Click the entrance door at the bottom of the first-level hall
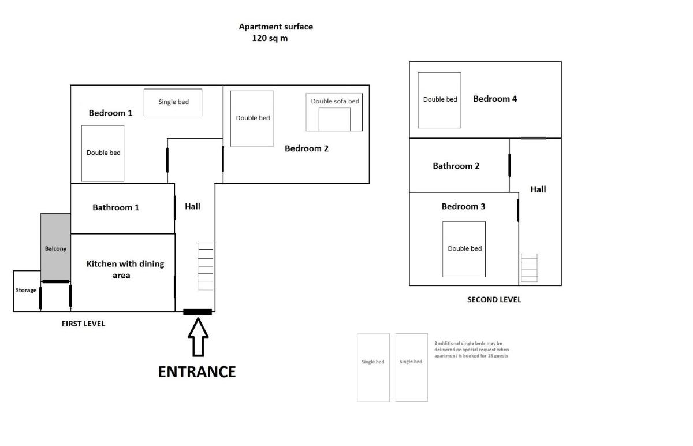click(x=198, y=311)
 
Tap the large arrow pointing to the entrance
click(x=198, y=337)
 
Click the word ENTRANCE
click(x=197, y=372)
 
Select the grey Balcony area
click(x=55, y=247)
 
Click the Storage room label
click(x=26, y=291)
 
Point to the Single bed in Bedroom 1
click(x=173, y=102)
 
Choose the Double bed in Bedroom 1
click(x=103, y=153)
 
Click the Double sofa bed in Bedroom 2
click(x=334, y=112)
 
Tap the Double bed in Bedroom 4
click(x=439, y=100)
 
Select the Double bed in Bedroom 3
click(x=464, y=249)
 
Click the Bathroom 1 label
click(x=116, y=207)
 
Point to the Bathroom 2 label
click(x=456, y=166)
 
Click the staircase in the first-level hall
click(x=206, y=266)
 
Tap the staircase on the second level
click(x=529, y=267)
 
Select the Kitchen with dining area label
click(x=125, y=270)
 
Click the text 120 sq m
click(x=270, y=38)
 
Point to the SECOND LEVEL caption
click(x=494, y=300)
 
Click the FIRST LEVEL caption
click(x=83, y=324)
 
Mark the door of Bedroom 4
click(x=534, y=138)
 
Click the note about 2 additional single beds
click(x=471, y=350)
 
